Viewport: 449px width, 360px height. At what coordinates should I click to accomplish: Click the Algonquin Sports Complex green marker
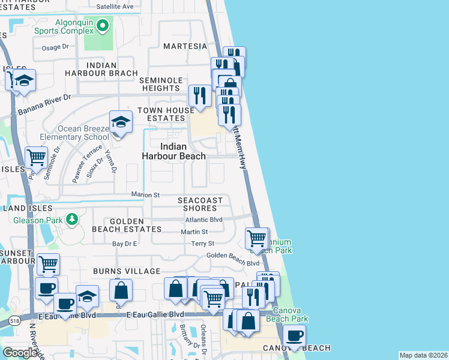pos(103,25)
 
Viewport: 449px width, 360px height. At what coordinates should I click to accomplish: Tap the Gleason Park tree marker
pos(71,220)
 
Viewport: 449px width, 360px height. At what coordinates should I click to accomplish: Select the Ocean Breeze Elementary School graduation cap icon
pos(121,122)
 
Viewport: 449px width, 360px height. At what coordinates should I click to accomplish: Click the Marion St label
pos(146,195)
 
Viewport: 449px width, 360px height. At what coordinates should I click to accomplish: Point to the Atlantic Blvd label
pos(203,220)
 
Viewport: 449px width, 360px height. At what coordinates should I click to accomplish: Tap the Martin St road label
pos(194,232)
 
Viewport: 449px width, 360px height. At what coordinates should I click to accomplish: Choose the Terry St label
pos(202,244)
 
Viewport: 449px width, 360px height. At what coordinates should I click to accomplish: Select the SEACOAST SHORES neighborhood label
pos(200,204)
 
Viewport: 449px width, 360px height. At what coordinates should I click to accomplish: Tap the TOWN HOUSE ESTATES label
pos(166,115)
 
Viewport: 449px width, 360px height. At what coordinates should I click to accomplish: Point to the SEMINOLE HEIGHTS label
pos(161,84)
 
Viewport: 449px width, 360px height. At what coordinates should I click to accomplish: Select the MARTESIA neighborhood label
pos(185,46)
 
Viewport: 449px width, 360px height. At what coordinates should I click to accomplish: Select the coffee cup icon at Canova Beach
pos(294,336)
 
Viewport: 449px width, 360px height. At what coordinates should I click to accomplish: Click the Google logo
pos(21,353)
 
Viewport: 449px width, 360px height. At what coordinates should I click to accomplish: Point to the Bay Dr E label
pos(125,244)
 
